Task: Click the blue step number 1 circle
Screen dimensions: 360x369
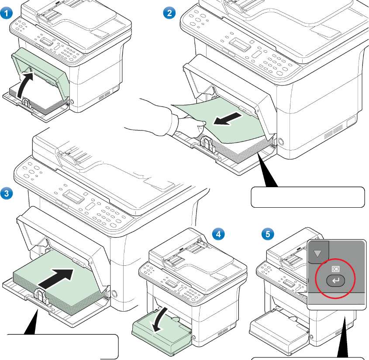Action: pyautogui.click(x=6, y=13)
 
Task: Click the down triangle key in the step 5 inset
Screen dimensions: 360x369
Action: pyautogui.click(x=317, y=253)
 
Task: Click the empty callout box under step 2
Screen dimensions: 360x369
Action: pyautogui.click(x=308, y=197)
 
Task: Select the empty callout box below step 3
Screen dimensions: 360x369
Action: pyautogui.click(x=63, y=346)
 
